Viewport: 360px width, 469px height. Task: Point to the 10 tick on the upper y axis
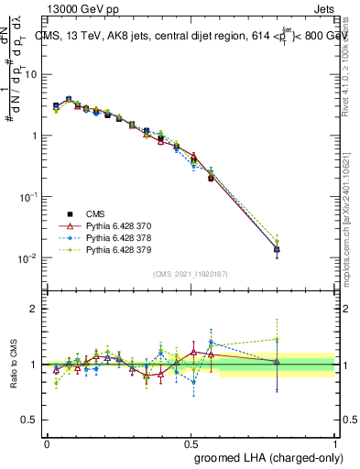33,74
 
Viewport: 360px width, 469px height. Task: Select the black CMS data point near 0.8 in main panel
277,249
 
